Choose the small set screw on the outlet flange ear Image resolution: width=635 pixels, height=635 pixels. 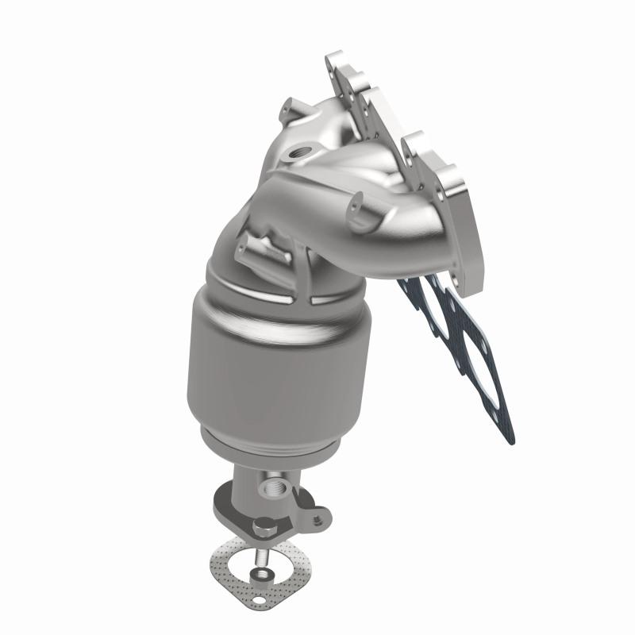click(317, 520)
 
